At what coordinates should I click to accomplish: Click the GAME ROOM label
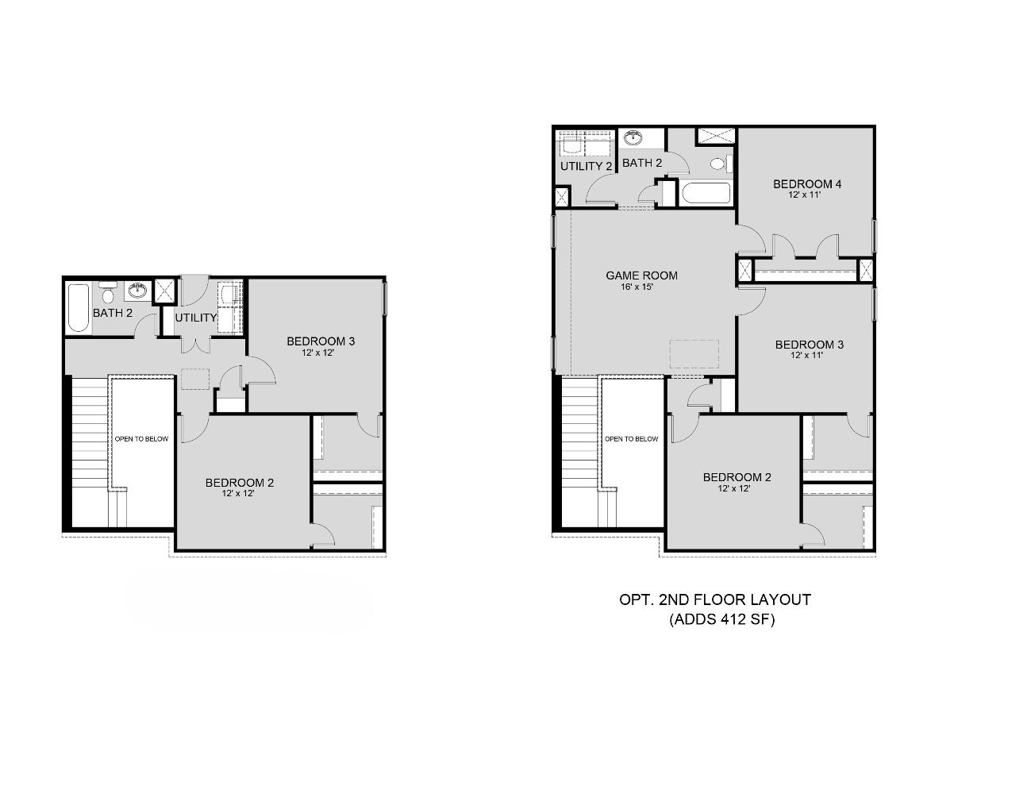point(641,276)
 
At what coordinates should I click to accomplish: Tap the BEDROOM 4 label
point(807,184)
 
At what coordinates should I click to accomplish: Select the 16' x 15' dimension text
point(641,287)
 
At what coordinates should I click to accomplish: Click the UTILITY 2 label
point(586,167)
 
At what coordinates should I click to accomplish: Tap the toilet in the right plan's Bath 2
point(719,164)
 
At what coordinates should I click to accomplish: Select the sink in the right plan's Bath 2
point(633,139)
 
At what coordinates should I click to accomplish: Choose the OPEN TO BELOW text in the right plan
point(631,438)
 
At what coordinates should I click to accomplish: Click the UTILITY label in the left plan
point(196,318)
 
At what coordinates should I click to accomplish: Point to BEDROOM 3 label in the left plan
point(321,341)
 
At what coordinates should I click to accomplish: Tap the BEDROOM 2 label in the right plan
point(737,477)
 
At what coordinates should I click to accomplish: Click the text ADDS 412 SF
point(721,620)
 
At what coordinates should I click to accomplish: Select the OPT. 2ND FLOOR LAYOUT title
point(714,600)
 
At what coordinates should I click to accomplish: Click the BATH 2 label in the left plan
point(113,313)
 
